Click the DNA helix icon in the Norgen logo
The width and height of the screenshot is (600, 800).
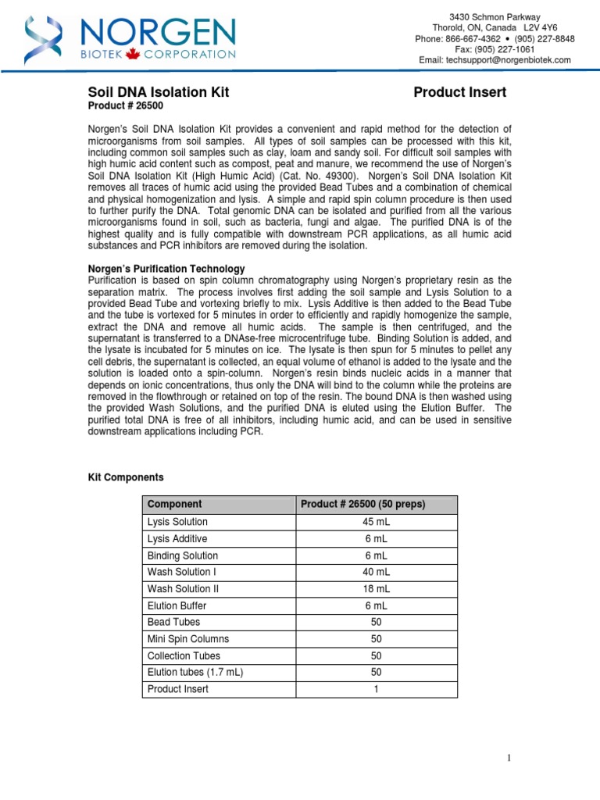coord(41,39)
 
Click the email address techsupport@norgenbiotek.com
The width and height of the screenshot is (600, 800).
coord(495,60)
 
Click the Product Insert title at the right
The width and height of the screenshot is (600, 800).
coord(459,93)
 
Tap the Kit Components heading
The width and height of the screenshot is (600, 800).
coord(124,477)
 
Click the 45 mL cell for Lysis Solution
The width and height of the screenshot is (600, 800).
coord(375,522)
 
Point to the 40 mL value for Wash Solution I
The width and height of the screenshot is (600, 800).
coord(375,572)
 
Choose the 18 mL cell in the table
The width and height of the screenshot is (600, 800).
coord(375,589)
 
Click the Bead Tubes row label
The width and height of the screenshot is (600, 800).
coord(173,622)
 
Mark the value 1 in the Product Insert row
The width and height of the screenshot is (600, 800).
coord(375,689)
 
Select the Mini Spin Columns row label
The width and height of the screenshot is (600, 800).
coord(188,639)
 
